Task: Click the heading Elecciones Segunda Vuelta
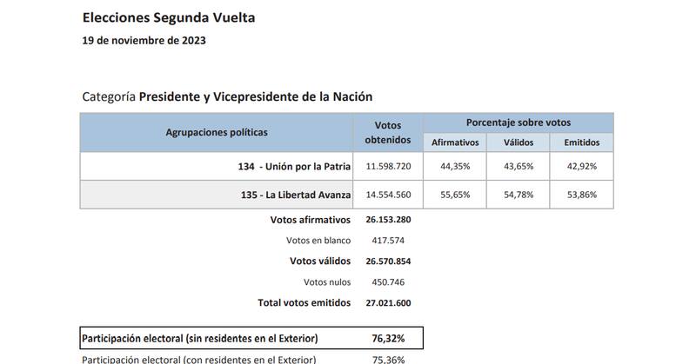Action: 169,17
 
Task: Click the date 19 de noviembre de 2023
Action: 144,40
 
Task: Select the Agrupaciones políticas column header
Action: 217,132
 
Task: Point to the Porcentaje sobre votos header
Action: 519,122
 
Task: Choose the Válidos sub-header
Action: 519,142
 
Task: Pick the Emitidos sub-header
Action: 580,142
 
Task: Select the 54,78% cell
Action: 519,195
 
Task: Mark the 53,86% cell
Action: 580,195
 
